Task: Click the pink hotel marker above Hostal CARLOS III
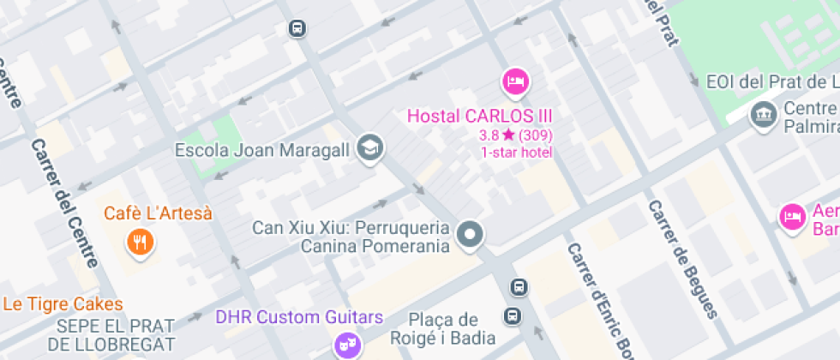point(515,82)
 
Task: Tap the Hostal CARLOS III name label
point(479,117)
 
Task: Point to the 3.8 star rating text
point(516,135)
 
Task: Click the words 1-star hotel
point(516,153)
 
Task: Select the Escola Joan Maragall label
point(261,151)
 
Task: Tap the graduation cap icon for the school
point(370,147)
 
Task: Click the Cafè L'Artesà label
point(158,213)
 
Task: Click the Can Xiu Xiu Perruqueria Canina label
point(351,237)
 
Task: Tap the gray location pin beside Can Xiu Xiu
point(470,234)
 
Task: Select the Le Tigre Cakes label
point(63,304)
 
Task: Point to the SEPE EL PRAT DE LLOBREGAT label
point(115,335)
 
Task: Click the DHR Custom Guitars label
point(298,318)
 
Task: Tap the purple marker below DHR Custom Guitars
point(347,345)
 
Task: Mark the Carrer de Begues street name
point(681,258)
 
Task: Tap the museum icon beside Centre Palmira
point(762,114)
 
